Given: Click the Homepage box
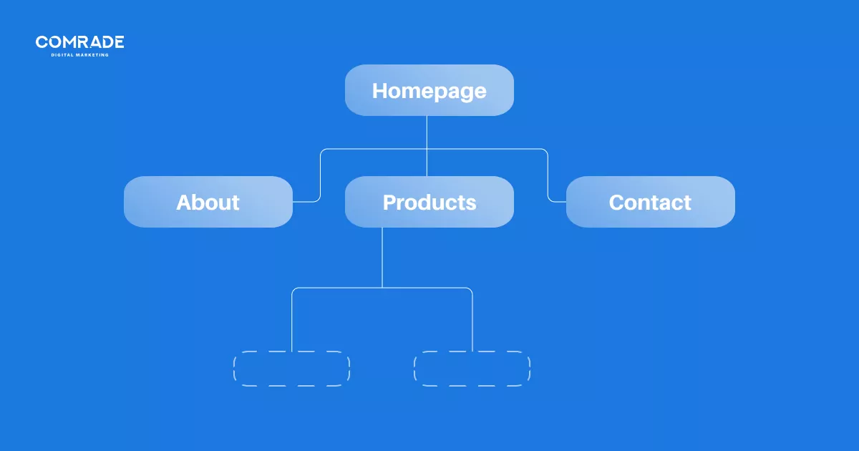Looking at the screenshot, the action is click(x=429, y=90).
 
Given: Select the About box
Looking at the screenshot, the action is click(x=208, y=202).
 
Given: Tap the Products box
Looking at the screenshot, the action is click(x=429, y=202).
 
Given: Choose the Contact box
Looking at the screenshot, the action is click(x=651, y=202).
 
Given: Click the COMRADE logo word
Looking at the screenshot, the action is click(x=79, y=42).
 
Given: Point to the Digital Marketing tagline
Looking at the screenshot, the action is click(x=79, y=55).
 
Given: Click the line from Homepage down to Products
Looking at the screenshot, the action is click(x=427, y=146).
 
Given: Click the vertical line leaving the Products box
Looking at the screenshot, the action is click(x=382, y=257).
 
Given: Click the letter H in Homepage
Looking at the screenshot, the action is click(x=379, y=90).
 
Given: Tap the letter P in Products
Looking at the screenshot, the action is click(x=389, y=202).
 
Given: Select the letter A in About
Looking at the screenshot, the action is click(x=184, y=202).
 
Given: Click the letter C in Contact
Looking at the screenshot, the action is click(x=616, y=202).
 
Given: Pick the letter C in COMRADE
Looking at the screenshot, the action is click(x=41, y=42).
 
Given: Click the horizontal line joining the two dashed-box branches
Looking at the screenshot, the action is click(x=382, y=288).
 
